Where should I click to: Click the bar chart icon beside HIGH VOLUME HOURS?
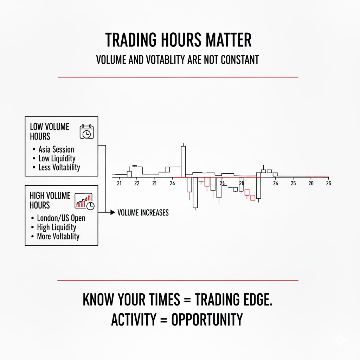coord(84,201)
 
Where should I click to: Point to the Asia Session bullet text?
coord(56,149)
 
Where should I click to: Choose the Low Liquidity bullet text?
coord(57,159)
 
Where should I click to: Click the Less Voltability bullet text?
coord(59,167)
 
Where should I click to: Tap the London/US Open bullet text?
coord(61,218)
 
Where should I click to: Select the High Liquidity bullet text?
coord(56,227)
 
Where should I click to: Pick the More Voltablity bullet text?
coord(58,236)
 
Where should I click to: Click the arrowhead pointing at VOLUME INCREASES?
coord(112,212)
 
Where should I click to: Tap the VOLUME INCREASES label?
coord(143,213)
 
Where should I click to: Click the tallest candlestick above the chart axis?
coord(183,161)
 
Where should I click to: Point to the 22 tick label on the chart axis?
coord(137,183)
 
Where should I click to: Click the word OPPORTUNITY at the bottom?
coord(207,320)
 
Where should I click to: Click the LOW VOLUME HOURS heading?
coord(50,131)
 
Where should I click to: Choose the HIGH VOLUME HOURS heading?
coord(50,200)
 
